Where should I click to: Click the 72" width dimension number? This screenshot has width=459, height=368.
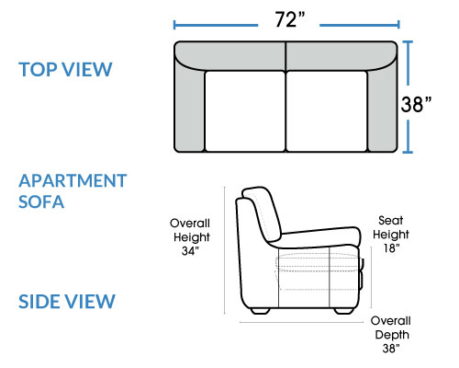pos(289,20)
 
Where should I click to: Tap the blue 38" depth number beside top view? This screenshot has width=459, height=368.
pos(416,104)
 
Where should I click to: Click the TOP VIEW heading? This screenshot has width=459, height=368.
pos(65,69)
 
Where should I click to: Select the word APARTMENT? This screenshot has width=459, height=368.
pos(73,180)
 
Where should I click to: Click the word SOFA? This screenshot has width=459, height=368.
pos(41,201)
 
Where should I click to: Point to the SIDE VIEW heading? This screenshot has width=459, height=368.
pos(67,301)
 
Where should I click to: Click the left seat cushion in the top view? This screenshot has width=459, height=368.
pos(245,111)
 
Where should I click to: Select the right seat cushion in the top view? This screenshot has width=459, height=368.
pos(327,111)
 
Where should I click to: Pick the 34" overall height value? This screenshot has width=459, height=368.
pos(190,251)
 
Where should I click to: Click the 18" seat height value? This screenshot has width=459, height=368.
pos(391,247)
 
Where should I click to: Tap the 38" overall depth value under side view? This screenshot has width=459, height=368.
pos(391,348)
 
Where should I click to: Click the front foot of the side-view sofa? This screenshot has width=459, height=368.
pos(343,311)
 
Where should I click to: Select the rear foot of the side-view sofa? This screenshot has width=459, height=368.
pos(261,311)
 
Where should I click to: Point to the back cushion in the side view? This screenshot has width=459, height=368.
pos(263,213)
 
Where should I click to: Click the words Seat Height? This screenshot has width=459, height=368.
pos(391,227)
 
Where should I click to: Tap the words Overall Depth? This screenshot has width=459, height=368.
pos(391,328)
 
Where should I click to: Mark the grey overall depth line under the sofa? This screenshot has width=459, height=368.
pos(301,322)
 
